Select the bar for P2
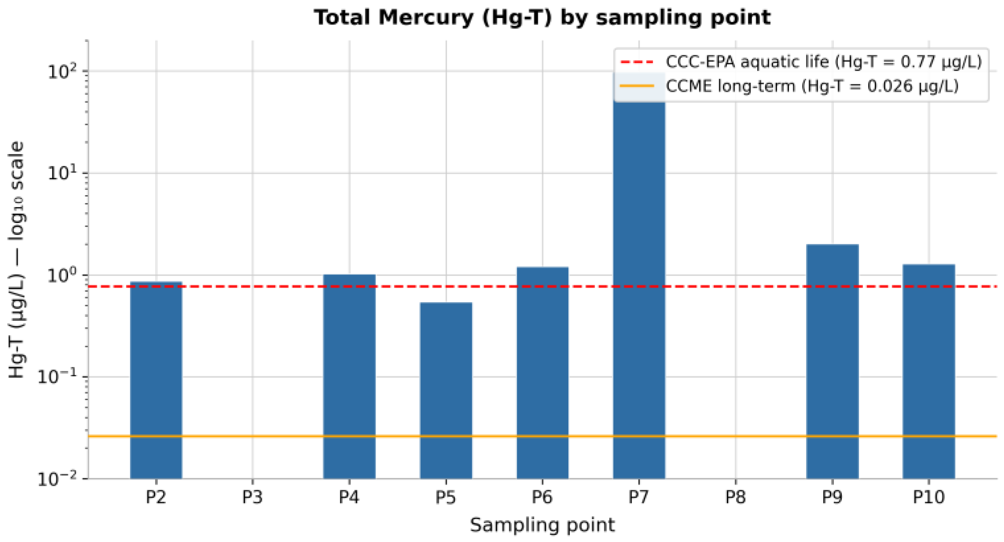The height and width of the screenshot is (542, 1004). click(156, 380)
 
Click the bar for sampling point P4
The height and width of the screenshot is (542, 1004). click(349, 376)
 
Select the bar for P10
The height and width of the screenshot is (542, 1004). click(928, 371)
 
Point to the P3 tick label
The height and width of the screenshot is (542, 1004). click(252, 497)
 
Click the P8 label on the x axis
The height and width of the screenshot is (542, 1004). click(735, 497)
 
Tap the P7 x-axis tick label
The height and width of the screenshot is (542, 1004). click(639, 497)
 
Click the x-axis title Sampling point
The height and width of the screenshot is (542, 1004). click(542, 525)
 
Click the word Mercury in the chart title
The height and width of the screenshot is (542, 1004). click(425, 18)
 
